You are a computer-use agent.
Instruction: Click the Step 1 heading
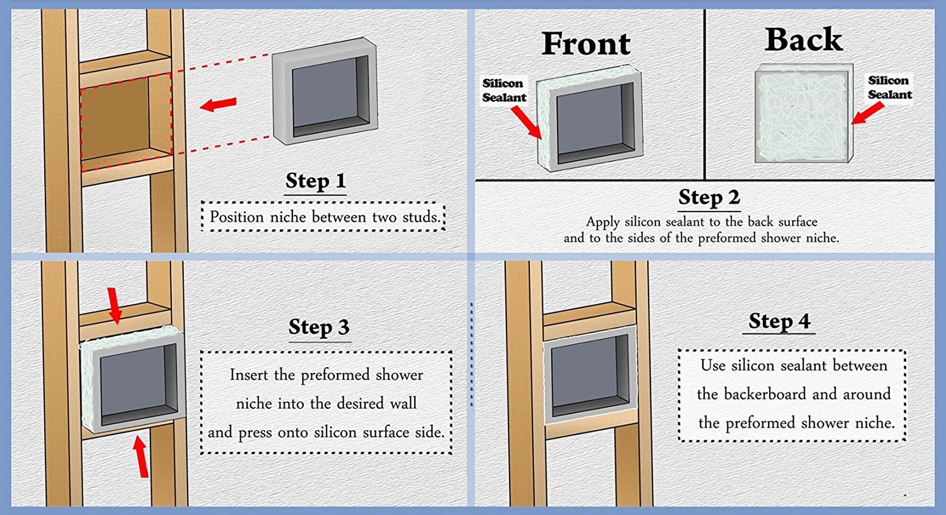coord(315,181)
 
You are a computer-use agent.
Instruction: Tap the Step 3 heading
coord(319,327)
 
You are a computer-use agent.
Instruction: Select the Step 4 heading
coord(779,321)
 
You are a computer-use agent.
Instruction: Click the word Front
coord(586,44)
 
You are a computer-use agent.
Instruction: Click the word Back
coord(803,39)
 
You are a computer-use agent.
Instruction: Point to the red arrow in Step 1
coord(218,104)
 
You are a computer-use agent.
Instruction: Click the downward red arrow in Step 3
coord(114,306)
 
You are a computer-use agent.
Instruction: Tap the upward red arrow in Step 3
coord(140,456)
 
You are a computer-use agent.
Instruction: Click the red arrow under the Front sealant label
coord(526,122)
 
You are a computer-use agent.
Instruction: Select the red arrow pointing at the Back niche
coord(867,113)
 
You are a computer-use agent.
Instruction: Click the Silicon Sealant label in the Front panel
coord(504,90)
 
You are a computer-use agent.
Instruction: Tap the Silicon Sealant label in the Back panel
coord(889,87)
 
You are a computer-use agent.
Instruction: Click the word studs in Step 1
coord(421,217)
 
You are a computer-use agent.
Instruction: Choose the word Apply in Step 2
coord(603,222)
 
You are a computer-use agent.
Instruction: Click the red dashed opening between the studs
coord(126,121)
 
